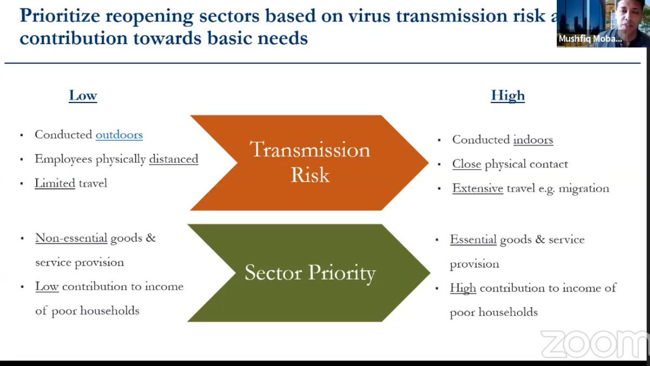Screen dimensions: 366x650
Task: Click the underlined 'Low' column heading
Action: click(x=83, y=96)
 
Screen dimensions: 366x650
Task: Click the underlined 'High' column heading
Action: click(x=508, y=96)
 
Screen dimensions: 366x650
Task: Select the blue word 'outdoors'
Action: click(x=119, y=134)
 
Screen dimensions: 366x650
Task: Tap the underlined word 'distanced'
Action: click(x=173, y=159)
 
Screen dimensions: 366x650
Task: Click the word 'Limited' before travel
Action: click(x=55, y=183)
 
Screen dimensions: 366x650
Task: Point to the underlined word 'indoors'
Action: click(x=533, y=140)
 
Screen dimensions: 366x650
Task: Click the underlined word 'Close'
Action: click(x=466, y=164)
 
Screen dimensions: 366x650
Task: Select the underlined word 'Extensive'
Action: click(x=478, y=189)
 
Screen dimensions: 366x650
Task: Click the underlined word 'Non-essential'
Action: click(x=71, y=238)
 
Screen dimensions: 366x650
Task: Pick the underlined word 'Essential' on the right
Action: click(x=473, y=240)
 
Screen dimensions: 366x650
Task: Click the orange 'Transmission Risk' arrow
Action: click(x=309, y=162)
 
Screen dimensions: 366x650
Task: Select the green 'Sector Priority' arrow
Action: click(x=309, y=273)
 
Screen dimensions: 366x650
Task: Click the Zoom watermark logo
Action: click(x=594, y=344)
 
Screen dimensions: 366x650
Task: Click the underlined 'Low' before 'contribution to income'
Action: click(x=47, y=286)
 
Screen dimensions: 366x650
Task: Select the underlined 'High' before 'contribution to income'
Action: click(x=463, y=288)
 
